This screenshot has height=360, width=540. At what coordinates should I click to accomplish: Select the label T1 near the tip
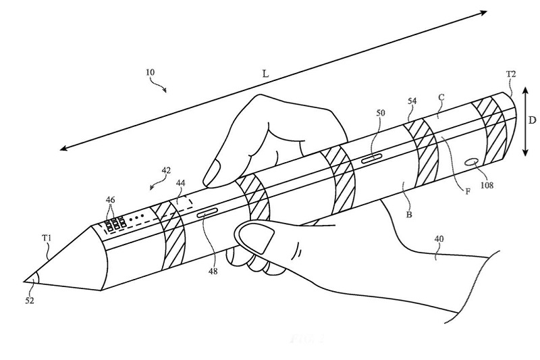[46, 237]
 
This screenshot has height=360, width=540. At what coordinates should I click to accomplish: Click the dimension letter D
[533, 121]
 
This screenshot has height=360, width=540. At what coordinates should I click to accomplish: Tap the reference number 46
[111, 200]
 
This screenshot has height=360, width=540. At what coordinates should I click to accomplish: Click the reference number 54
[412, 101]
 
